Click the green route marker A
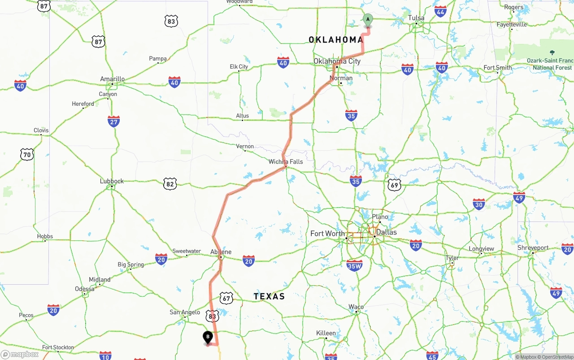click(x=368, y=19)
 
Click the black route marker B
click(x=208, y=337)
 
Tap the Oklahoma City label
click(x=337, y=61)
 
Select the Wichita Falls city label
click(x=286, y=161)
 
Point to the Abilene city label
click(x=221, y=252)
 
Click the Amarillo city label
click(x=112, y=79)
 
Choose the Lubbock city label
click(x=112, y=181)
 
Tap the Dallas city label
click(x=386, y=232)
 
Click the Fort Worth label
click(x=328, y=234)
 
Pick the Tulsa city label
click(x=416, y=18)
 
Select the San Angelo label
click(x=185, y=312)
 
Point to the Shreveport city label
click(x=533, y=247)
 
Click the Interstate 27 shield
click(x=114, y=121)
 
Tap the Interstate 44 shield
click(x=440, y=11)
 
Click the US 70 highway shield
click(x=27, y=155)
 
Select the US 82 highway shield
click(x=170, y=183)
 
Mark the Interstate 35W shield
click(x=354, y=265)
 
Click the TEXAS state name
click(x=269, y=296)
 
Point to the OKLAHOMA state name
click(x=336, y=40)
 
